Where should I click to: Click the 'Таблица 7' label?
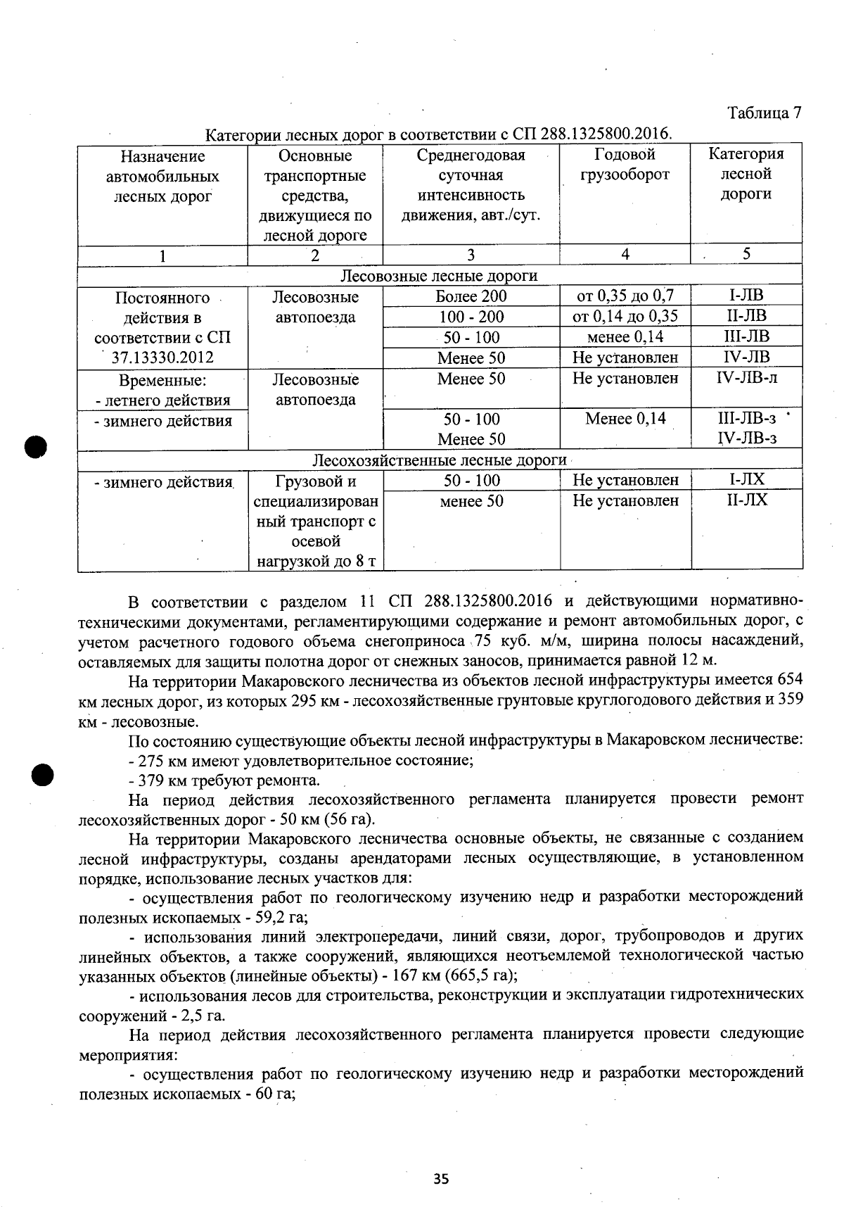pyautogui.click(x=765, y=113)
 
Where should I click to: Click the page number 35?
pyautogui.click(x=441, y=1179)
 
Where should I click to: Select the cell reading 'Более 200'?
pyautogui.click(x=471, y=296)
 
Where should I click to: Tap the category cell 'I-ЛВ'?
pyautogui.click(x=746, y=295)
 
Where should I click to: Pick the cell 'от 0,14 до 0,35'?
pyautogui.click(x=625, y=316)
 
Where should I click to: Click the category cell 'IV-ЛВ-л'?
pyautogui.click(x=746, y=378)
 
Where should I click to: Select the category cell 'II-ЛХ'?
pyautogui.click(x=746, y=500)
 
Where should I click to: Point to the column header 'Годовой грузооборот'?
pyautogui.click(x=625, y=164)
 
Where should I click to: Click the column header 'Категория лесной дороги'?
pyautogui.click(x=746, y=174)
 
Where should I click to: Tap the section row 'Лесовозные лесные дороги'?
pyautogui.click(x=439, y=276)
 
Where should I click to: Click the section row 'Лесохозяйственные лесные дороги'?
pyautogui.click(x=439, y=460)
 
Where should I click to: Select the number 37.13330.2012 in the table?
pyautogui.click(x=162, y=358)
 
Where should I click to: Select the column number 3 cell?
pyautogui.click(x=471, y=255)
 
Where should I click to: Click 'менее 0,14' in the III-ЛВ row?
pyautogui.click(x=625, y=336)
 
